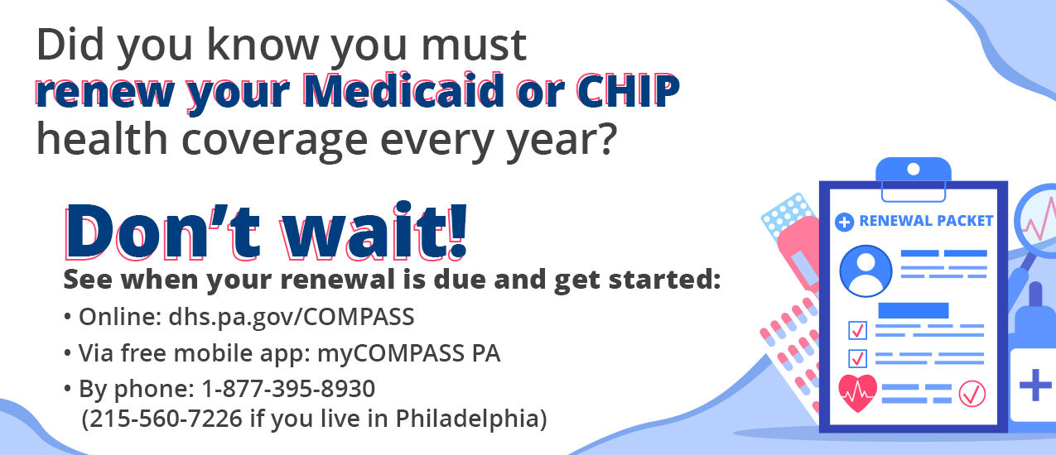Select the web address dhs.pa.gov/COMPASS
292,317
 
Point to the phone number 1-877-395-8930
288,389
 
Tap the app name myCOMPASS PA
408,353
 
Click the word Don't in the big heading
162,232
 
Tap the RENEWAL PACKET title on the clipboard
926,221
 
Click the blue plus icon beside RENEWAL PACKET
844,222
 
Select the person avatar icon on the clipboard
866,271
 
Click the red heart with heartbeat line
857,393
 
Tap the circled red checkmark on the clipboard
972,394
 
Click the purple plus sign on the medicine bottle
1035,385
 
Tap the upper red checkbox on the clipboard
857,330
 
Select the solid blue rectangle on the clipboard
914,310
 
